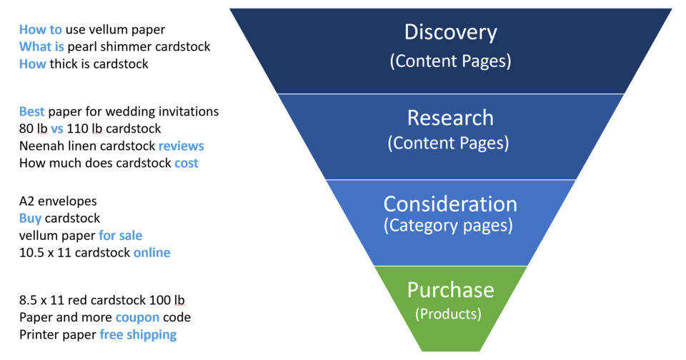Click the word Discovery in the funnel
(450, 32)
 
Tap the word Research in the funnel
(450, 118)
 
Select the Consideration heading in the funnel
(450, 204)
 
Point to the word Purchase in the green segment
(450, 289)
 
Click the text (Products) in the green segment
(448, 313)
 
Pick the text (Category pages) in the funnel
(448, 226)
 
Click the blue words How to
(41, 29)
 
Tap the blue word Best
(31, 111)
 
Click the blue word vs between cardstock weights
(57, 129)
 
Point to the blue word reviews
(181, 146)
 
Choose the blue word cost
(187, 163)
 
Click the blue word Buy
(31, 218)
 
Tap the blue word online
(151, 252)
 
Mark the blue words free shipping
(138, 334)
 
